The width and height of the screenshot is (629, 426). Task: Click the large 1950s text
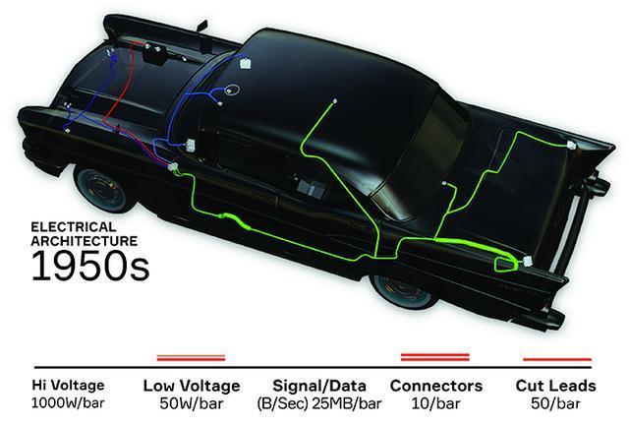tap(90, 266)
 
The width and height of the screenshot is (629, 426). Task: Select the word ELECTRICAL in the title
tap(74, 227)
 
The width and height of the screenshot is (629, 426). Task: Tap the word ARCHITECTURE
tap(85, 241)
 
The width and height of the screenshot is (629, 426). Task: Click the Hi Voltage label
tap(68, 385)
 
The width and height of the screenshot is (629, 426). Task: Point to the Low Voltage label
tap(192, 386)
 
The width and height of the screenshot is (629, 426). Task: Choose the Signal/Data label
tap(319, 386)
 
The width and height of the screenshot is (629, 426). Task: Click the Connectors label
tap(436, 386)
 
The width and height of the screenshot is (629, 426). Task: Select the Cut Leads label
tap(555, 386)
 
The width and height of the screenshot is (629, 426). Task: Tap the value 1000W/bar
tap(68, 402)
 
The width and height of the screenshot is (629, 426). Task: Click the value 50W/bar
tap(192, 403)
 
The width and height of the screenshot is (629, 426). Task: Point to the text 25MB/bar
tap(347, 403)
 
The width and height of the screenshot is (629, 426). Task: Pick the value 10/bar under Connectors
tap(435, 403)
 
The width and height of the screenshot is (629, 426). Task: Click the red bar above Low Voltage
tap(192, 358)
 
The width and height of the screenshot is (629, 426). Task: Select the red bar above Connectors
tap(435, 357)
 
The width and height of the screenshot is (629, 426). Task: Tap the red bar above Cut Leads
tap(557, 359)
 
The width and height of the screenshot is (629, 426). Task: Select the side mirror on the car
tap(201, 27)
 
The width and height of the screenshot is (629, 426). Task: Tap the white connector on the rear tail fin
tap(571, 145)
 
